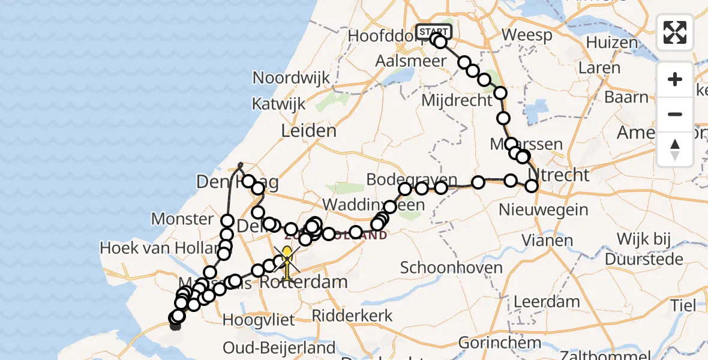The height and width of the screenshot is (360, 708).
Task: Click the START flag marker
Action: [434, 31]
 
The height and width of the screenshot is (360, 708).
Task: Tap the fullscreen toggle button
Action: [675, 32]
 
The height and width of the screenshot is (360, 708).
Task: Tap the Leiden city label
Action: [309, 131]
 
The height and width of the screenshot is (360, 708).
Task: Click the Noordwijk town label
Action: [292, 77]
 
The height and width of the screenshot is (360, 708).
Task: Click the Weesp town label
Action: [527, 35]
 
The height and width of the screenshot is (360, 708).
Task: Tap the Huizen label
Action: [612, 43]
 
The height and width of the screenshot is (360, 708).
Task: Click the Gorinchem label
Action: [491, 343]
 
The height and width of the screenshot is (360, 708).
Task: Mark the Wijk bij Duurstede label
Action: [644, 250]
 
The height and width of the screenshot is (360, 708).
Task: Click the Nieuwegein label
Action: [544, 210]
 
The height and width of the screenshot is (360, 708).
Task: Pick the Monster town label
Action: [182, 218]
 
